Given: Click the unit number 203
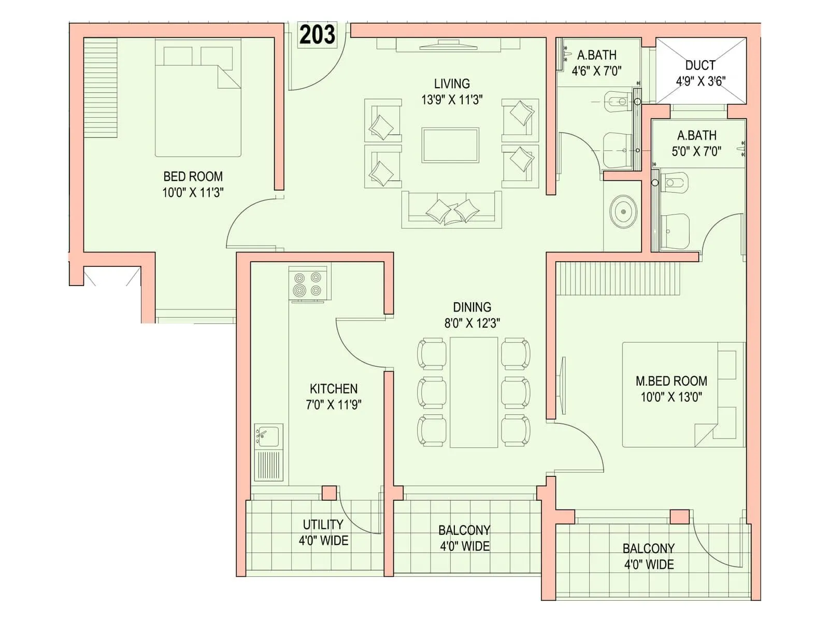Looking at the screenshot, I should pos(317,35).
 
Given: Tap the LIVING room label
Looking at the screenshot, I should pos(452,83).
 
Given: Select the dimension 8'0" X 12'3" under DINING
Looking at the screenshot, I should pos(471,323).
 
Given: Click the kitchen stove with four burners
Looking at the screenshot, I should pos(308,285).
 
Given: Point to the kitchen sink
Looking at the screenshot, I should pos(268,436).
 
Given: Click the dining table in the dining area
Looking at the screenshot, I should pos(474,392).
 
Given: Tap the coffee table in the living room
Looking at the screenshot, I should pos(450,146).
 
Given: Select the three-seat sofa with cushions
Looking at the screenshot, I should pos(452,210).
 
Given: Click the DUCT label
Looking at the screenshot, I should pos(700,65).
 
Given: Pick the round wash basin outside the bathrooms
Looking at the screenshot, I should pos(623,211).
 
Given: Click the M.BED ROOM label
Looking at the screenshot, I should pos(671,381).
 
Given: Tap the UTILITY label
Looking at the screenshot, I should pos(323,524).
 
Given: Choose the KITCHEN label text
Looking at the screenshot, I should pos(333,389).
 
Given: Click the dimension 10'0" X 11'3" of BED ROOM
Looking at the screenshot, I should pos(193,193).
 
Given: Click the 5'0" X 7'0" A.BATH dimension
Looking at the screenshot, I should pos(696,151).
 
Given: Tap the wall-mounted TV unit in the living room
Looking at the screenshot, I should pos(448,46).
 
